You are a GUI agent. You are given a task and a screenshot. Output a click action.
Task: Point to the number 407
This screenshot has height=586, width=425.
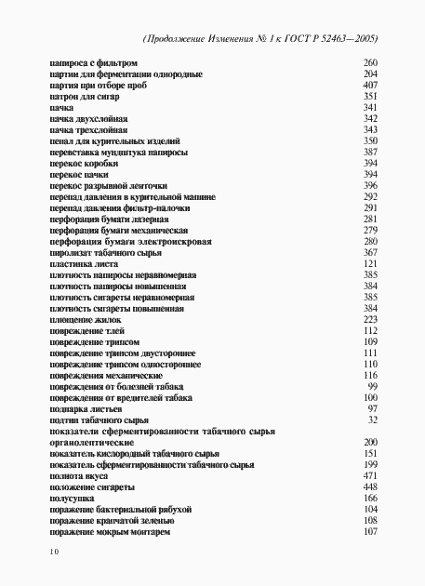[x=369, y=85]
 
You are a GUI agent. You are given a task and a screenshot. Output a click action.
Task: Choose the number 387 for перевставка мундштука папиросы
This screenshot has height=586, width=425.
[x=369, y=152]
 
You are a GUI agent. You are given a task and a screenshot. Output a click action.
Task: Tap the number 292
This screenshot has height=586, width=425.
[x=369, y=197]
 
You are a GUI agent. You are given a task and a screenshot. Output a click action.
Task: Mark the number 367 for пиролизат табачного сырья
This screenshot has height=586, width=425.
[x=369, y=253]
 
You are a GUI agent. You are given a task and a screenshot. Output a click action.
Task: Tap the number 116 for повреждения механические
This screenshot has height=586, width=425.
[x=369, y=375]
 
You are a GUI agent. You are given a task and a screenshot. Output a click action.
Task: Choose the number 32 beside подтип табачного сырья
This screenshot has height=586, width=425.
[x=372, y=420]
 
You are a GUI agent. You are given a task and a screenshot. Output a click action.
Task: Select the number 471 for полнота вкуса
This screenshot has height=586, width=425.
[x=369, y=476]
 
